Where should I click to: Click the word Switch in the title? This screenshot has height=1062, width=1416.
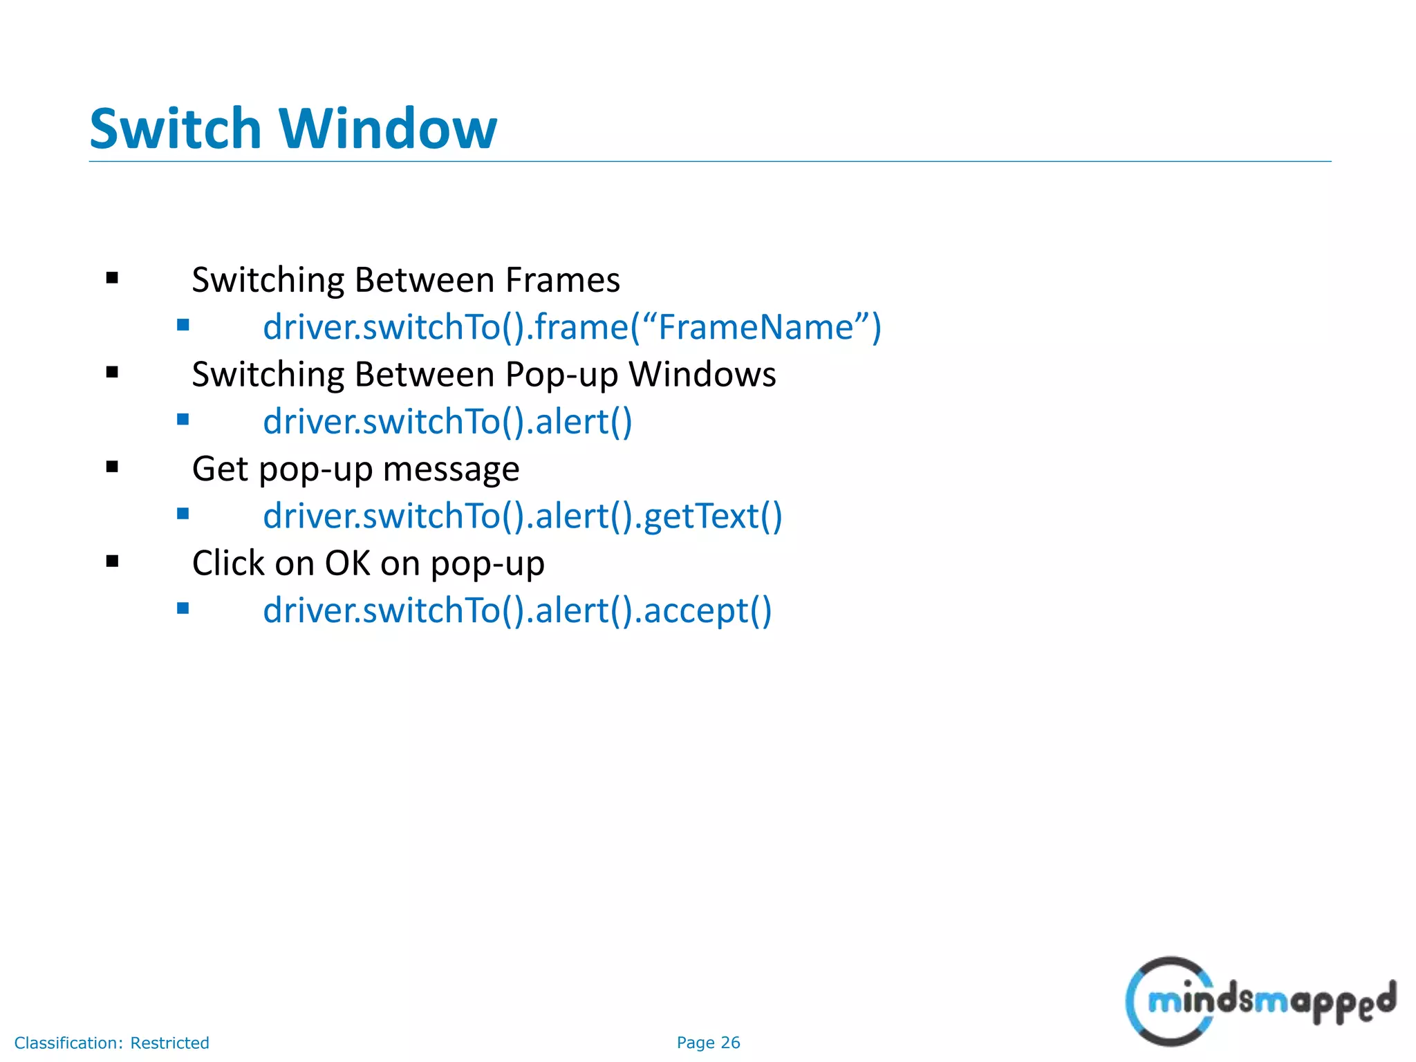(175, 129)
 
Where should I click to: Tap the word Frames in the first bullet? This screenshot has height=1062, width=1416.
(562, 280)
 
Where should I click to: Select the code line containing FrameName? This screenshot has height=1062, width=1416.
(572, 327)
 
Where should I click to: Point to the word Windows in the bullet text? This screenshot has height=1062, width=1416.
(702, 375)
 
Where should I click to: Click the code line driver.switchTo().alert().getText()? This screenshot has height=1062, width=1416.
(522, 516)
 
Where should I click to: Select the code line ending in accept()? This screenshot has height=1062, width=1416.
(516, 611)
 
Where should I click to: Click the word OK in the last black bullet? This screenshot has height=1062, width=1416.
(348, 563)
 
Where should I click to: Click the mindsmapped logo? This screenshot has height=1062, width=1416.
(1260, 1000)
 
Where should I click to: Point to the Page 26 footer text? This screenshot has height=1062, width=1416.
(708, 1043)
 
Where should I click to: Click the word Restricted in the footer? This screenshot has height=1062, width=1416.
(169, 1043)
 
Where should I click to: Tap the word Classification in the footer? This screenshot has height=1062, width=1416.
(68, 1043)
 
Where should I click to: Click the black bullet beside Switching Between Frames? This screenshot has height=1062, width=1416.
(113, 279)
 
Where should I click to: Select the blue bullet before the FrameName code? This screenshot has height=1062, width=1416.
(183, 325)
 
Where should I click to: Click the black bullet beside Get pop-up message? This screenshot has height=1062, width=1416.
(113, 467)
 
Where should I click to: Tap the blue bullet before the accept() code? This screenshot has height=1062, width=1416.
(183, 608)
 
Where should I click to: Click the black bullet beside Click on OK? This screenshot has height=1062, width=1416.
(113, 561)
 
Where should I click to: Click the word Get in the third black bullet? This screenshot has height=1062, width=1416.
(220, 469)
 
